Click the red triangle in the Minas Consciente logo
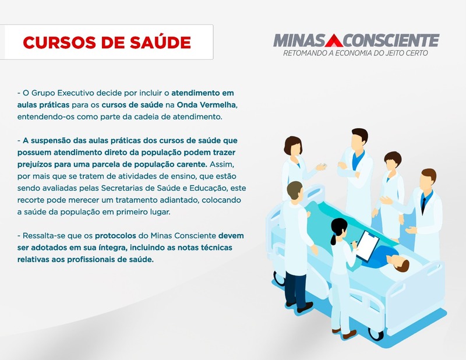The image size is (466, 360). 334,40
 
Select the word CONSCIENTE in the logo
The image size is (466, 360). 391,40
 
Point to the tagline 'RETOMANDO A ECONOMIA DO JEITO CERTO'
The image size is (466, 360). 355,53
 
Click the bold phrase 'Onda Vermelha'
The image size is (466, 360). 207,105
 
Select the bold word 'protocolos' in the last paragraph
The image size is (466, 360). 115,236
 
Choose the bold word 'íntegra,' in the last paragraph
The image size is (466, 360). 113,248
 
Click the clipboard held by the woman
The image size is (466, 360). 368,245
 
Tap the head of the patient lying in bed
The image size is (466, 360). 401,264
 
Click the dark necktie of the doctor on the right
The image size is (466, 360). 423,204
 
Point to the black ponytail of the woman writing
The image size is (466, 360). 333,238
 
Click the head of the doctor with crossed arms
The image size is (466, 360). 359,139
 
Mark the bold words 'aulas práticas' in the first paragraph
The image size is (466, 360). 43,105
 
